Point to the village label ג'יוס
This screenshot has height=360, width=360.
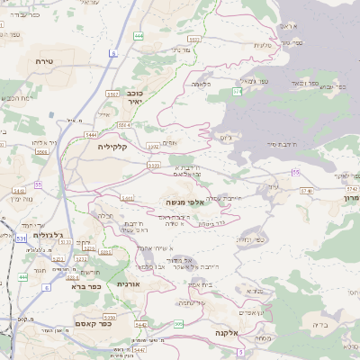click(x=226, y=139)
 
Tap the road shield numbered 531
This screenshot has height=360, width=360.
click(x=21, y=238)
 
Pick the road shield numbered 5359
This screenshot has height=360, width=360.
click(x=107, y=317)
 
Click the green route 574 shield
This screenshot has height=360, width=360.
click(x=237, y=91)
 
